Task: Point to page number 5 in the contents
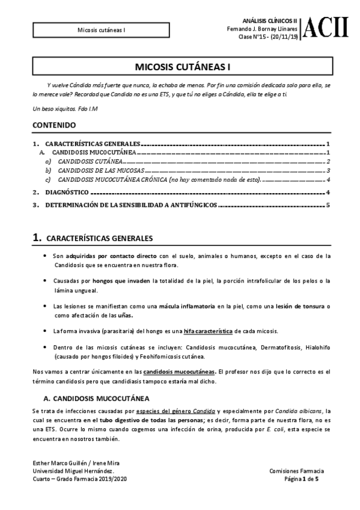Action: tap(328, 205)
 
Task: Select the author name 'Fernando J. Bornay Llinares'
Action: tap(262, 29)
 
